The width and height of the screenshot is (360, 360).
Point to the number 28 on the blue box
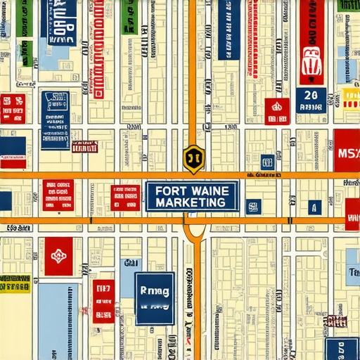(311, 96)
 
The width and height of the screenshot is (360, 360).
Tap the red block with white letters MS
(347, 151)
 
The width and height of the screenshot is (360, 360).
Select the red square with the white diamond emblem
(58, 250)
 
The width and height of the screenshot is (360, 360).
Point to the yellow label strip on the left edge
(15, 283)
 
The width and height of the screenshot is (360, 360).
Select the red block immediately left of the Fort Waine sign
(126, 198)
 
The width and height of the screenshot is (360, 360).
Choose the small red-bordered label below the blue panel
(84, 146)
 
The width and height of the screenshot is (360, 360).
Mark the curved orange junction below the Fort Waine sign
(195, 232)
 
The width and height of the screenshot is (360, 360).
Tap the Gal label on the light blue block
(130, 264)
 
